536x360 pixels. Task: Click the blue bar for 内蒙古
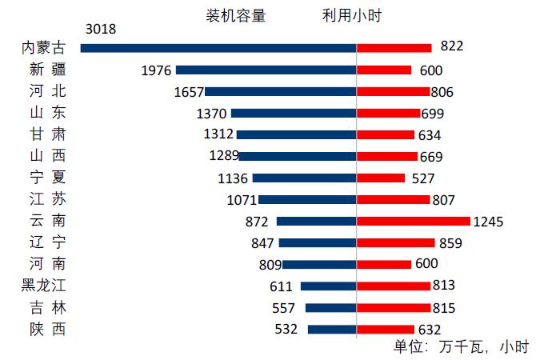[218, 48]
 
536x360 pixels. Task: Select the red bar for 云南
[413, 221]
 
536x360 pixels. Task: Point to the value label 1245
[488, 222]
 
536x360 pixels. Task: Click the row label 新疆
[43, 70]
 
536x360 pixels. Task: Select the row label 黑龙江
[43, 286]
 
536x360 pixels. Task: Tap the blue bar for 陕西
[331, 329]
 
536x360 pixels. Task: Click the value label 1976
[156, 70]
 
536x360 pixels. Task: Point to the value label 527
[423, 178]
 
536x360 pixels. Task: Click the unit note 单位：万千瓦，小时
[461, 346]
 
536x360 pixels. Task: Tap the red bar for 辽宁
[395, 242]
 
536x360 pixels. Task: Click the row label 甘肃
[43, 134]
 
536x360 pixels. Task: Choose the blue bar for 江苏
[306, 199]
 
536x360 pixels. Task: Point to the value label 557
[284, 308]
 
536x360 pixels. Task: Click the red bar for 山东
[388, 113]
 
